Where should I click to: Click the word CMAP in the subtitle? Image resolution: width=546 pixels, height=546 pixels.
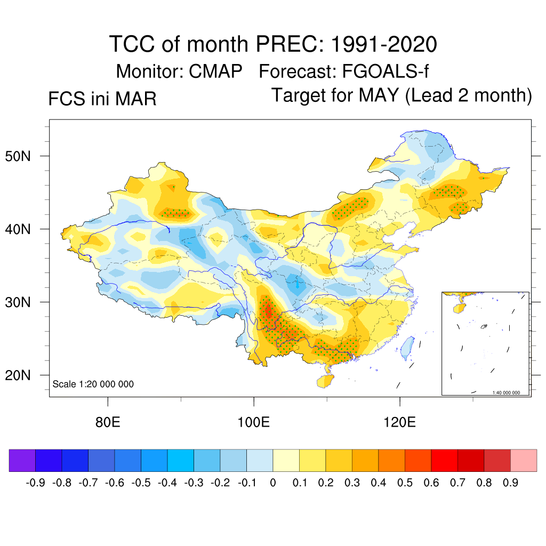[216, 71]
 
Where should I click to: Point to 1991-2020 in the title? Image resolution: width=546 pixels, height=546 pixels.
[384, 44]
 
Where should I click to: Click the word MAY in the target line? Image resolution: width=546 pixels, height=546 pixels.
[379, 95]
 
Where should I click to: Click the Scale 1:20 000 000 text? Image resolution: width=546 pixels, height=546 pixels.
[93, 384]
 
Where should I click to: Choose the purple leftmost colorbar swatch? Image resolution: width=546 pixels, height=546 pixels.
[22, 461]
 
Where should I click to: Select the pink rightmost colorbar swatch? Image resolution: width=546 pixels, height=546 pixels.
[524, 461]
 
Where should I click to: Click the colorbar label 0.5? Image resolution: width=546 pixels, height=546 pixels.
[405, 483]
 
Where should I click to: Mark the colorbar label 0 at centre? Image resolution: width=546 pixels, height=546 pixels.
[273, 483]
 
